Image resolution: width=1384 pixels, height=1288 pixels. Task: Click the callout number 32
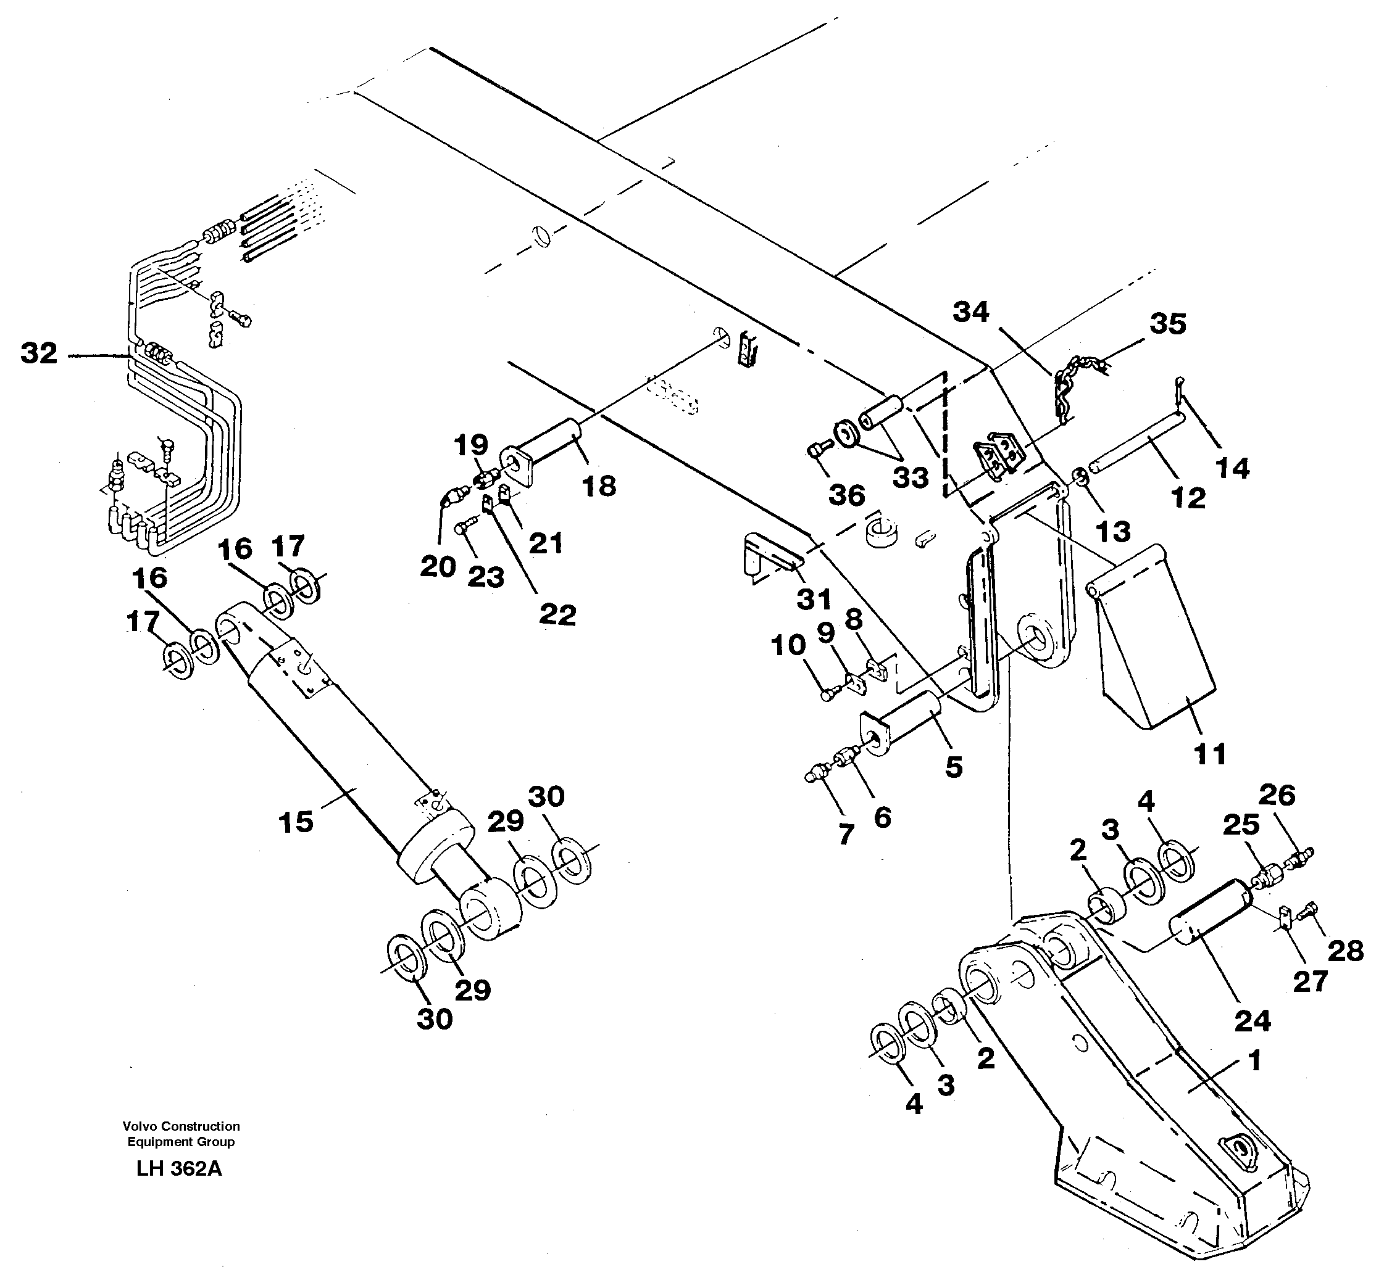pos(39,353)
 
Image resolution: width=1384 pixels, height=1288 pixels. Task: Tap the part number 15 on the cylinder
pos(296,822)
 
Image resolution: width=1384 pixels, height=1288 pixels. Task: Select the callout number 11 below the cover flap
pos(1210,754)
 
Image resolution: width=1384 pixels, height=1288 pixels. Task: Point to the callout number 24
pos(1253,1021)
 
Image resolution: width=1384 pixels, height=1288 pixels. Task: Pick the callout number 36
pos(847,495)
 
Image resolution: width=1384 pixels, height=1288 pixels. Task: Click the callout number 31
pos(814,599)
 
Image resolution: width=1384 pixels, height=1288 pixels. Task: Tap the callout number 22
pos(557,614)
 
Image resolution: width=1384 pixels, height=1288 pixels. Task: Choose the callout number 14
pos(1232,468)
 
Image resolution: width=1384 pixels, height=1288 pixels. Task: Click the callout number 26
pos(1277,795)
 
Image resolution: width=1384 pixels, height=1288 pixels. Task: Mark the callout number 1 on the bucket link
pos(1254,1062)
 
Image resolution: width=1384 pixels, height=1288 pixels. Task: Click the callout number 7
pos(846,833)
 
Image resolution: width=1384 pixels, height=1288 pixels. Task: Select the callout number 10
pos(788,645)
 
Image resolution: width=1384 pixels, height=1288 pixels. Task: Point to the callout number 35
pos(1167,324)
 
